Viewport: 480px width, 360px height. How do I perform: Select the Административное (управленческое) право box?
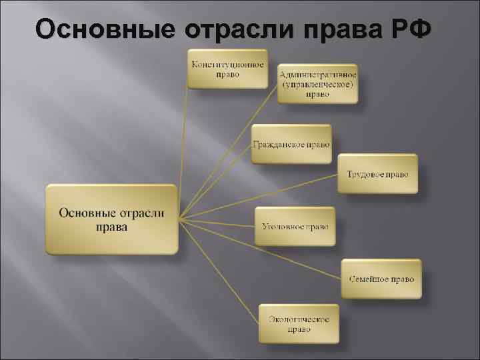(317, 84)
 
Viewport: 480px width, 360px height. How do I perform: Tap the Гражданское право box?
(291, 144)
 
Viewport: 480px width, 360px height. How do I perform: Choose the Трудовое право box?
(377, 174)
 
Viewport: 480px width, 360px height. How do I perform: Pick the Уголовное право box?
(295, 227)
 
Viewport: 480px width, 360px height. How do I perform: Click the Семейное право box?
(381, 279)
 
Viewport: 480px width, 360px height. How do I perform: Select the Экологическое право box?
(299, 323)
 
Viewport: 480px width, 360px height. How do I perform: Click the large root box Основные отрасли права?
(112, 219)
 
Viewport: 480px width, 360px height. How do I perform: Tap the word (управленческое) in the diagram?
(317, 85)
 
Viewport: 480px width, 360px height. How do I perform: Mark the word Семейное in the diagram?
(369, 279)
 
